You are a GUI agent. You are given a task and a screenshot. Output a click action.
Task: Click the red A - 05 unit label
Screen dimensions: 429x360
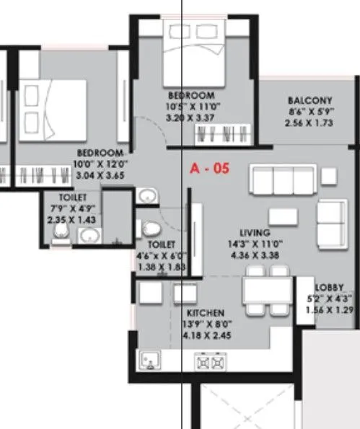click(x=209, y=169)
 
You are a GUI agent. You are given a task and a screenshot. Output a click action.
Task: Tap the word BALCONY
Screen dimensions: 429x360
click(x=309, y=100)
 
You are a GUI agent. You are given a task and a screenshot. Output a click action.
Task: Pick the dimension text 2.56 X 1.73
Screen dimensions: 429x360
click(x=309, y=123)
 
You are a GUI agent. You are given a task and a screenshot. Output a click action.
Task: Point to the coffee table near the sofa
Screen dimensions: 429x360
click(x=280, y=216)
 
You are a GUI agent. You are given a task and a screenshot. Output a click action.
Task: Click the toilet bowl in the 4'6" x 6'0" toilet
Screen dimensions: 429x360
click(x=151, y=229)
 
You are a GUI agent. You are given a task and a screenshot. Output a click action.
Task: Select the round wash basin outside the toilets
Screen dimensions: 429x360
click(x=147, y=196)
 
